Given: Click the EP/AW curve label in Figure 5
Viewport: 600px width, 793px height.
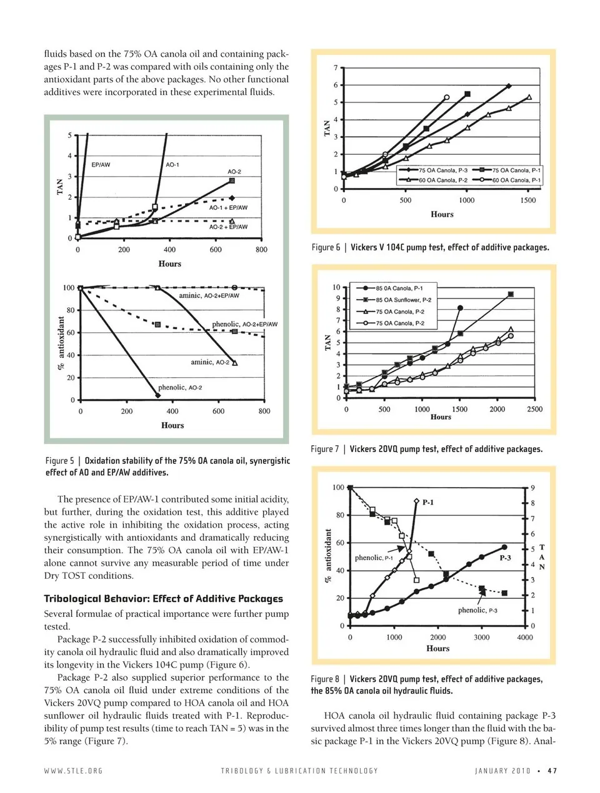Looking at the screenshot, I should [101, 165].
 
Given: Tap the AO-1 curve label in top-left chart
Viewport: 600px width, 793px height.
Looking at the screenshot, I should [172, 165].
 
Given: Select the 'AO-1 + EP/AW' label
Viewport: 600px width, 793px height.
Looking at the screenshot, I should [228, 207].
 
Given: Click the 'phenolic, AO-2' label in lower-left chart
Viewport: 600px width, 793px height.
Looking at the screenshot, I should [180, 388].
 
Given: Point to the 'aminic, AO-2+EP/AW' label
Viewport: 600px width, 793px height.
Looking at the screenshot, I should [209, 295].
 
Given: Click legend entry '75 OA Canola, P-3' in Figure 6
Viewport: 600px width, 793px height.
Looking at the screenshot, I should [442, 170].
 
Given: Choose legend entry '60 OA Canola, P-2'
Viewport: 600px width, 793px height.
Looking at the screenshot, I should [442, 180].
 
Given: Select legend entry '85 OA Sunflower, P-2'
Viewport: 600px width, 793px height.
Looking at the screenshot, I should [403, 300].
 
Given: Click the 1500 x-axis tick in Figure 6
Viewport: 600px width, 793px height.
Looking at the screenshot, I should [527, 200].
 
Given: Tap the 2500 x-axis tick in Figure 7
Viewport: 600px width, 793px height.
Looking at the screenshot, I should [534, 410].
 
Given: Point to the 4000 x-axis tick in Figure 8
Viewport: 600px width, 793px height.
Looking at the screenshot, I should [524, 638].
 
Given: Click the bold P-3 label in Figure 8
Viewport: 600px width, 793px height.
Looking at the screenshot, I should [505, 558].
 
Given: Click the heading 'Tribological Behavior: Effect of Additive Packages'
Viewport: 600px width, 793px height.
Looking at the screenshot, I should [163, 599].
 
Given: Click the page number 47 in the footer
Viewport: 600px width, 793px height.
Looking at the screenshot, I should [552, 771].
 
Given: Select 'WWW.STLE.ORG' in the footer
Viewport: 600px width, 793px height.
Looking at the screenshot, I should [73, 771].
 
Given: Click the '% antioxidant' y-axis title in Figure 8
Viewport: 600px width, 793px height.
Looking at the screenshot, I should [327, 556].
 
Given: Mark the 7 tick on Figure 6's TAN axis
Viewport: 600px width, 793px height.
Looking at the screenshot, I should [336, 67].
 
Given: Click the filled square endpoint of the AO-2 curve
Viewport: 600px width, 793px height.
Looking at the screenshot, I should [232, 180].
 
